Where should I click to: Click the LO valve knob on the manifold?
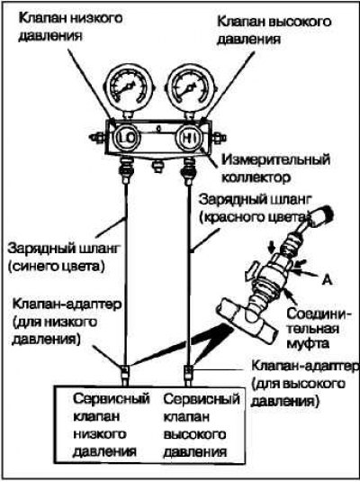click(x=128, y=138)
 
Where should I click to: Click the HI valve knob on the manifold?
click(x=189, y=138)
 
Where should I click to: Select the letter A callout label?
click(x=328, y=280)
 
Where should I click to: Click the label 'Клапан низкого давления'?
click(x=70, y=27)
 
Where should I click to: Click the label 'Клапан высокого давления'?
click(x=274, y=31)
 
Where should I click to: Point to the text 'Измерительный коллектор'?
click(x=275, y=168)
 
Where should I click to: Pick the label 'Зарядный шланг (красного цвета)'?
click(x=255, y=208)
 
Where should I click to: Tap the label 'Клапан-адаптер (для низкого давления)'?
click(x=67, y=322)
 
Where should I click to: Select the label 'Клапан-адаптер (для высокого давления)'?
click(x=305, y=383)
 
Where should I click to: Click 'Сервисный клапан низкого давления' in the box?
click(x=112, y=425)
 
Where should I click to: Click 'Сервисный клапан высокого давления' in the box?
click(x=202, y=425)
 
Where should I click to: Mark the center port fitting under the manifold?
click(x=157, y=167)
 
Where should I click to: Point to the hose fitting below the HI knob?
click(x=188, y=170)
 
